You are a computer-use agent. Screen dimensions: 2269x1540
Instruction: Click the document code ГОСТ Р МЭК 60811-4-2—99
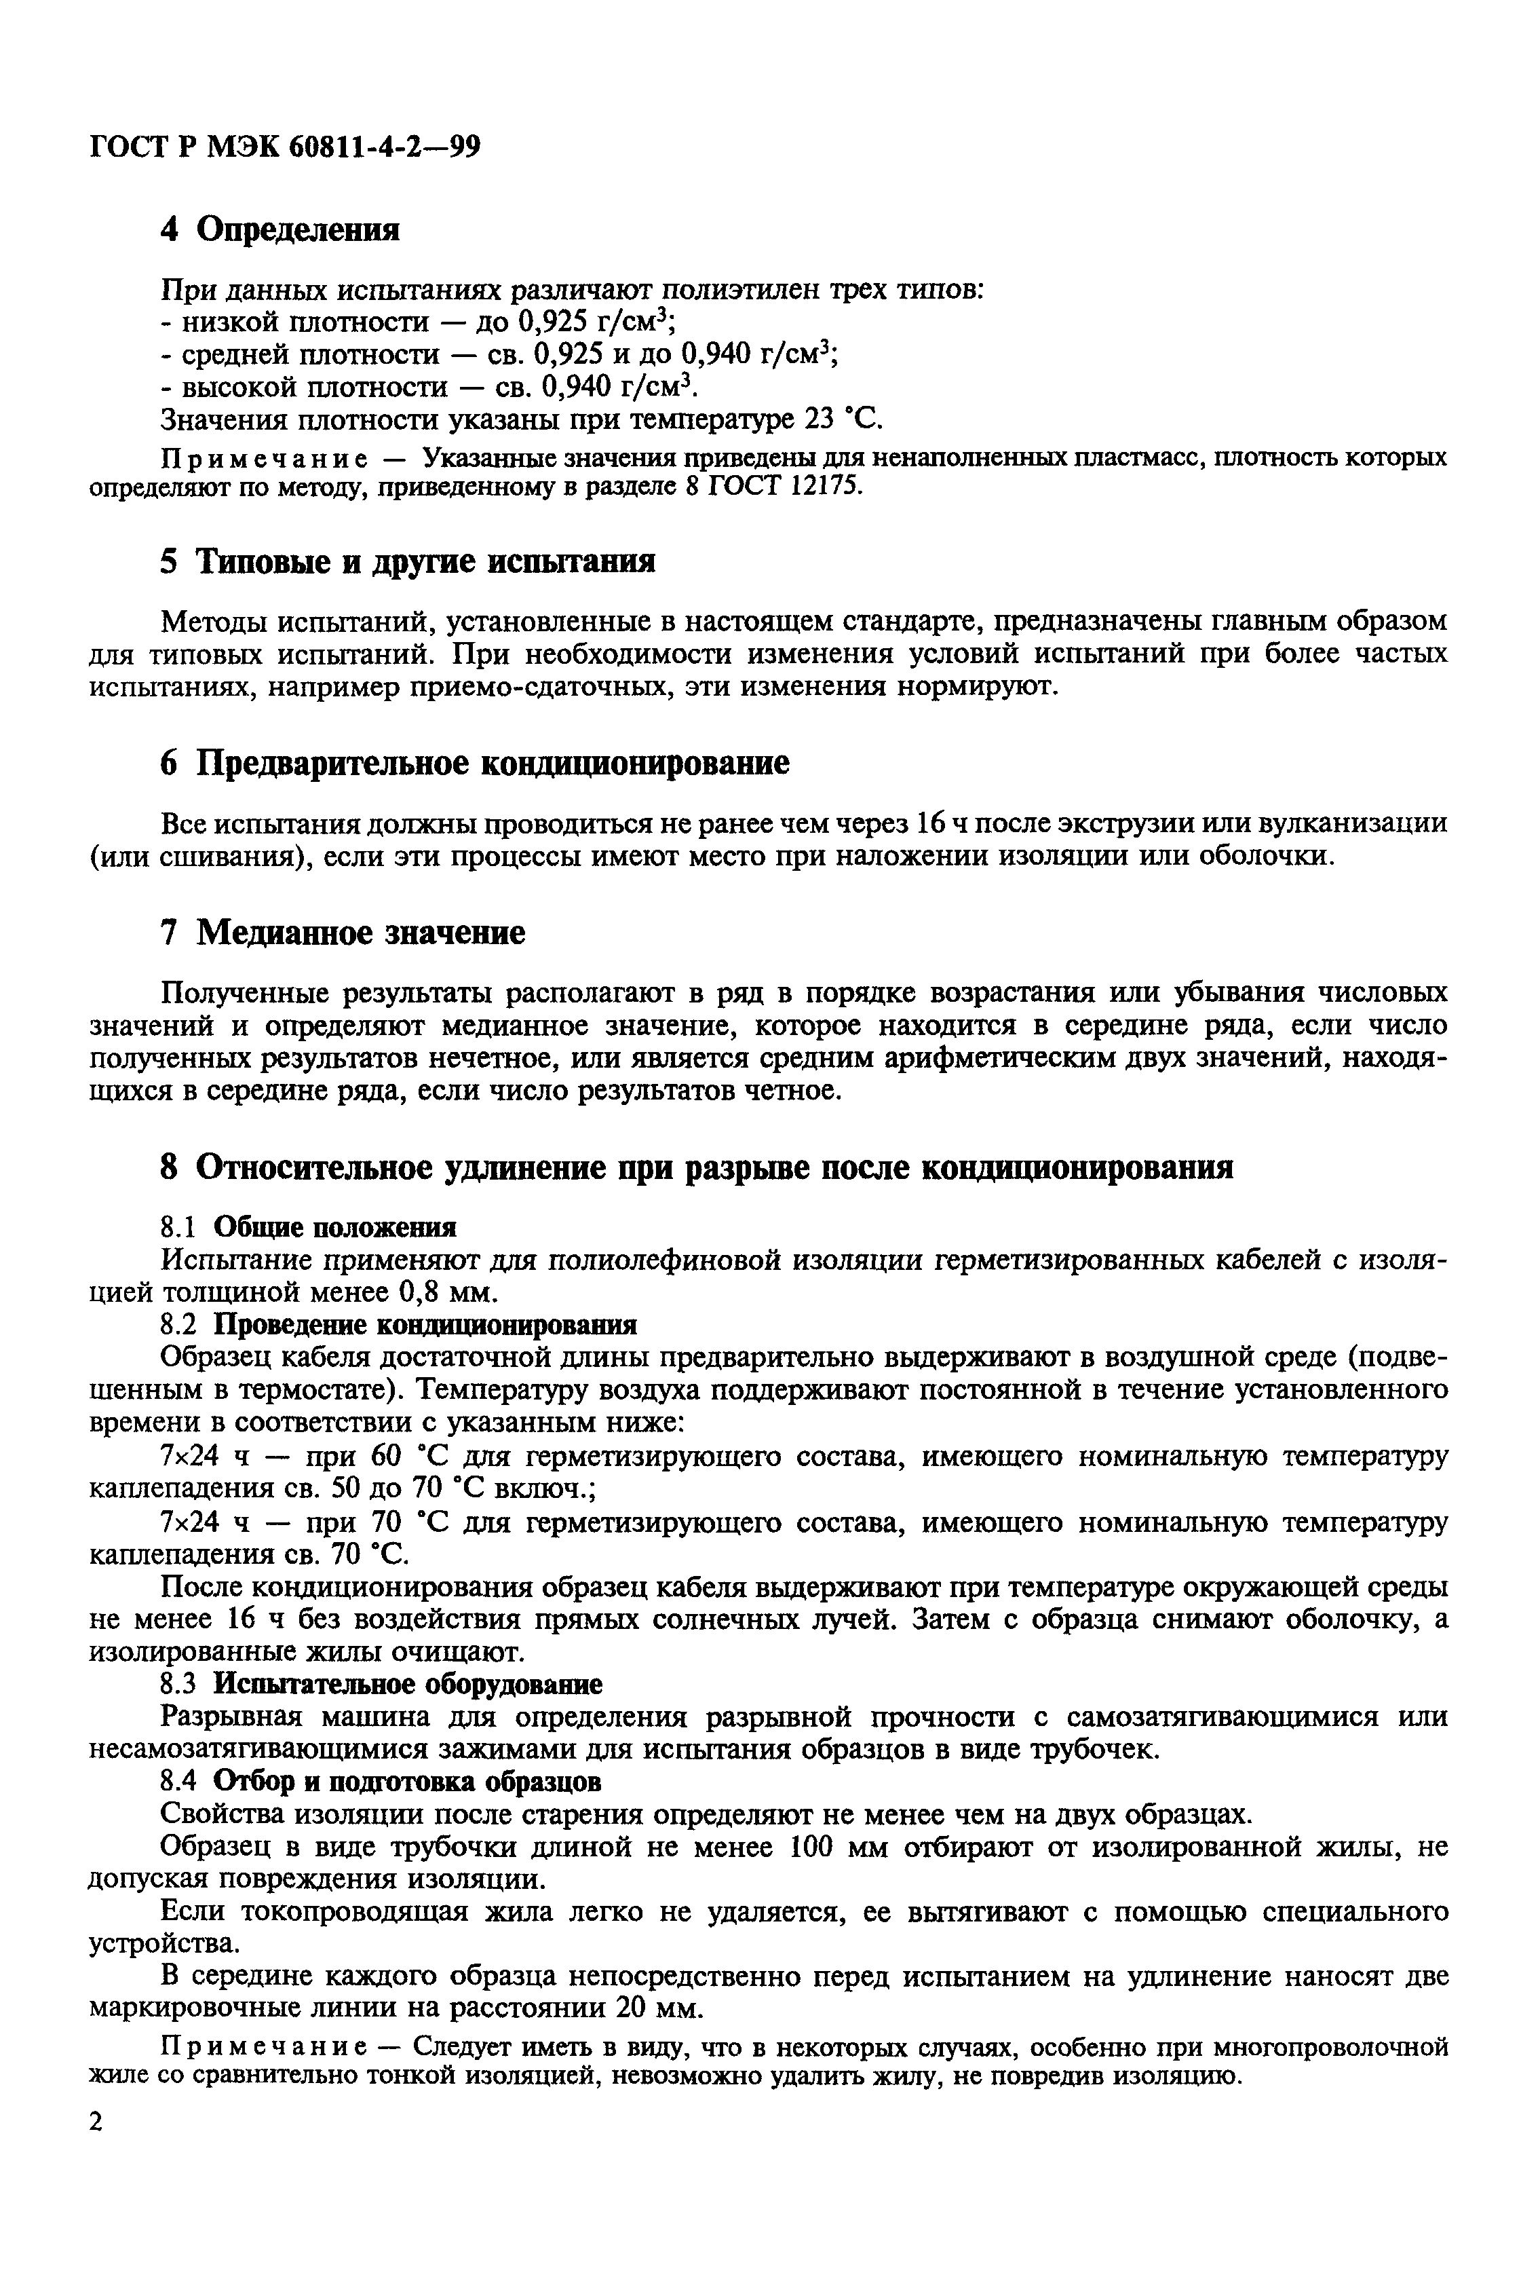(284, 147)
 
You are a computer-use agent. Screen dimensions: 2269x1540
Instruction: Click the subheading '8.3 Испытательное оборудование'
(381, 1684)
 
